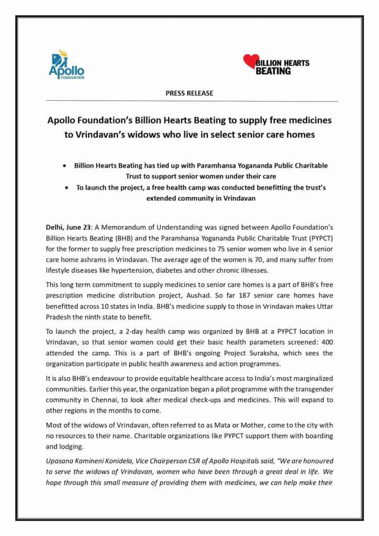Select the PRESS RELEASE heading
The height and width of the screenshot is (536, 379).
[189, 93]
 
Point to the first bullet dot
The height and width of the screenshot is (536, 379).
[64, 166]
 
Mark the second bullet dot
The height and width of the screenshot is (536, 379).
[64, 188]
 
